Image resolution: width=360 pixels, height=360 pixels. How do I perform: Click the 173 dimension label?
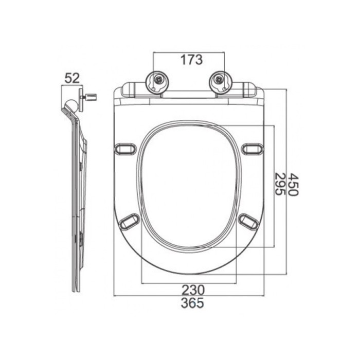click(x=191, y=60)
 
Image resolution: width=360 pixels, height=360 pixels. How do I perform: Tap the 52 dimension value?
click(x=72, y=78)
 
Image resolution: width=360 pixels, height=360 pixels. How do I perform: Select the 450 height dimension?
click(x=292, y=184)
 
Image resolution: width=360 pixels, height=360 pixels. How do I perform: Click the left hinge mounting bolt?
click(x=158, y=80)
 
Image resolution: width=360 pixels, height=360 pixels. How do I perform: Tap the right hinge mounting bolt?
click(x=220, y=80)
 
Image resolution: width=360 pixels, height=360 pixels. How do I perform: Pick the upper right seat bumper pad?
click(x=251, y=149)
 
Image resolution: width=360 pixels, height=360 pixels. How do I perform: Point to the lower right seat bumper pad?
click(x=249, y=222)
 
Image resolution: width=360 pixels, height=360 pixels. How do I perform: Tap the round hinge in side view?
click(x=73, y=106)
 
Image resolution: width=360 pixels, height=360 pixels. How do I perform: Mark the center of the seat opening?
click(x=189, y=188)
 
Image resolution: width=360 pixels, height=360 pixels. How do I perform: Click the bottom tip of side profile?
click(x=78, y=290)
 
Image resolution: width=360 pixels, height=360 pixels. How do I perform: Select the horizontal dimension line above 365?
click(x=189, y=296)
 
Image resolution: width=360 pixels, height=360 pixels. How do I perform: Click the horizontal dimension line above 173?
click(x=189, y=52)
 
